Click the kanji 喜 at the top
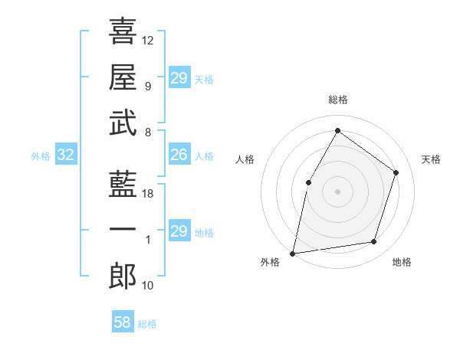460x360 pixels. pyautogui.click(x=123, y=31)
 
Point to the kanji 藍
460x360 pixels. pyautogui.click(x=123, y=185)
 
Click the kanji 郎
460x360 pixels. pyautogui.click(x=123, y=277)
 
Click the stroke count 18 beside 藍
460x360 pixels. pyautogui.click(x=148, y=194)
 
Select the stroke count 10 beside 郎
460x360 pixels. pyautogui.click(x=148, y=286)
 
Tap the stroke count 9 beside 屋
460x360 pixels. pyautogui.click(x=147, y=86)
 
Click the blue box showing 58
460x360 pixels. pyautogui.click(x=123, y=322)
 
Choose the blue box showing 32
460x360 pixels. pyautogui.click(x=66, y=155)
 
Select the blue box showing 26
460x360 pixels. pyautogui.click(x=179, y=155)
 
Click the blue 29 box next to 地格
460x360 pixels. pyautogui.click(x=179, y=232)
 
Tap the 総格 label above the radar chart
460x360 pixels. pyautogui.click(x=337, y=100)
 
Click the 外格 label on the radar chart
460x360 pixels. pyautogui.click(x=270, y=262)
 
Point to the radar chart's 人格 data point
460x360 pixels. pyautogui.click(x=308, y=182)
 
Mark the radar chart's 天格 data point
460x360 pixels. pyautogui.click(x=396, y=172)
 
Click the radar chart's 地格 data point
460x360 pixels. pyautogui.click(x=374, y=242)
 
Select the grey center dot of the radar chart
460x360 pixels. pyautogui.click(x=337, y=191)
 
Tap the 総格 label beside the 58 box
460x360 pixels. pyautogui.click(x=147, y=324)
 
